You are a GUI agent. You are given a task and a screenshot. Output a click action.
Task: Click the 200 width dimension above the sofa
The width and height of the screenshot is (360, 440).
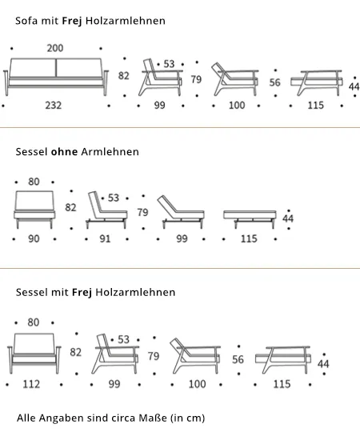pos(55,48)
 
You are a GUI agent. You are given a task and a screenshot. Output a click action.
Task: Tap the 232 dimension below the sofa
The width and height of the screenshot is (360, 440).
pos(54,106)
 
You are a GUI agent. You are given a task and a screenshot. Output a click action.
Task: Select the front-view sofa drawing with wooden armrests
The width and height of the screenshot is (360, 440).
pos(56,77)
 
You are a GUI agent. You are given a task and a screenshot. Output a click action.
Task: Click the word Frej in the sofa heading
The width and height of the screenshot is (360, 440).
pos(72,21)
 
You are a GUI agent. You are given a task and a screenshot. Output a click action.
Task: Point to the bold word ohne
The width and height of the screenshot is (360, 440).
pos(64,152)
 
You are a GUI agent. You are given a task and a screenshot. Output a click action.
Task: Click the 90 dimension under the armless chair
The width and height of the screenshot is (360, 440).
pos(34,239)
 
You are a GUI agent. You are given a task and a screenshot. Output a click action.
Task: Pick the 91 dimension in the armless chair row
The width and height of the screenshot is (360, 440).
pos(106,239)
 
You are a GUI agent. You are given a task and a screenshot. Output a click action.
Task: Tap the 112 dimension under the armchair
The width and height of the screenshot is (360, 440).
pos(31,384)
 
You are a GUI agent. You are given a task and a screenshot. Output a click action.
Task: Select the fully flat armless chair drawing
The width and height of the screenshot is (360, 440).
pos(250,219)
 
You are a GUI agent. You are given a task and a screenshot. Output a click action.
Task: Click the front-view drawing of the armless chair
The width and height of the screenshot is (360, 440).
pos(34,210)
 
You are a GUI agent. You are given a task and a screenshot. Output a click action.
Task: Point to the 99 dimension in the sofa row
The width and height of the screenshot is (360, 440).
pos(160,106)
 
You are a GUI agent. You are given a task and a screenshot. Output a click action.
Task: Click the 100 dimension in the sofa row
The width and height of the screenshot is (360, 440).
pos(237,106)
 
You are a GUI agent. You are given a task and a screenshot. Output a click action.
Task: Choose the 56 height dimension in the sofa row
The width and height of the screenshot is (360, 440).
pos(275,82)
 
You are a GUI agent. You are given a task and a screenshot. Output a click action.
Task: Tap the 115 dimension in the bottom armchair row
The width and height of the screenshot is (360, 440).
pos(282,384)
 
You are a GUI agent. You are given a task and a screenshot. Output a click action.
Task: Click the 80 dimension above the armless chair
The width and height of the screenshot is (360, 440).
pos(34,182)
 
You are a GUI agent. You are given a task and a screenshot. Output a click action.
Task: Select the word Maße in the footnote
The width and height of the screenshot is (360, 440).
pos(154,418)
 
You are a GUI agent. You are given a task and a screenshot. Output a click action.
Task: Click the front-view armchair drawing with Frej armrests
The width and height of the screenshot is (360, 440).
pos(34,354)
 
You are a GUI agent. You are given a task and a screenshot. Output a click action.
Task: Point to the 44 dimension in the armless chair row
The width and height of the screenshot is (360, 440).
pos(288,218)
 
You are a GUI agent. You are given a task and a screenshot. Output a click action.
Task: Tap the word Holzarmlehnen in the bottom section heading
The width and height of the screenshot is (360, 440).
pos(135,292)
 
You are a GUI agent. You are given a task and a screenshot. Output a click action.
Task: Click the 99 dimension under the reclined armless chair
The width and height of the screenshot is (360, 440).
pos(182,239)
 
